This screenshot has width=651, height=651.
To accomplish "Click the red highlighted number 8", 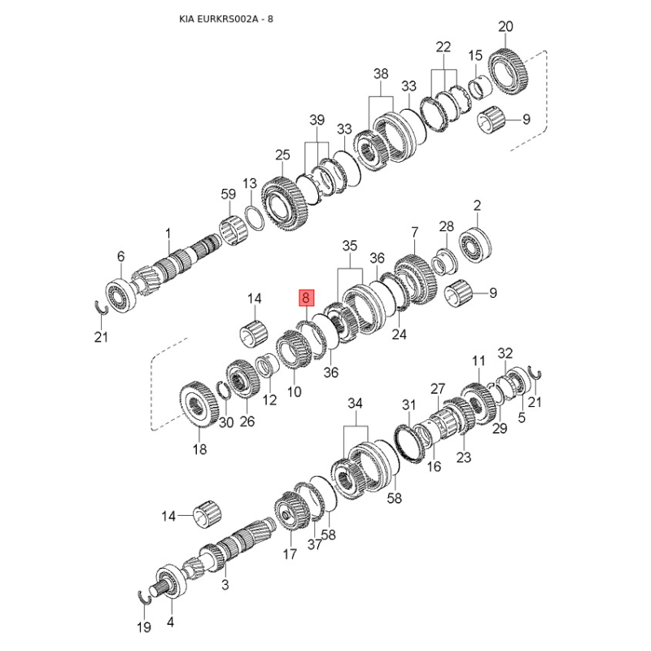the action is [x=305, y=299].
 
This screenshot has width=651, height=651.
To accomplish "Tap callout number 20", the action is [x=505, y=27].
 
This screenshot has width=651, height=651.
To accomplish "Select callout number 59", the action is [x=228, y=194].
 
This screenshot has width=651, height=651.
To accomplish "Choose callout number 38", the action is [x=382, y=74].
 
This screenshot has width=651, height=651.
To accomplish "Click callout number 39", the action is [x=317, y=120].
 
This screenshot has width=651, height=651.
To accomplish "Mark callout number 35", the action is [x=349, y=245].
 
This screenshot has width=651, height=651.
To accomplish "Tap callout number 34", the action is [x=355, y=404].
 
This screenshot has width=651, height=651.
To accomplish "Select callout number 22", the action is [x=443, y=46].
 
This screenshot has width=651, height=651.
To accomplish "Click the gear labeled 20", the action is [x=511, y=72].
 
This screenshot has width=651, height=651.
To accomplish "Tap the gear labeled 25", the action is [x=284, y=203].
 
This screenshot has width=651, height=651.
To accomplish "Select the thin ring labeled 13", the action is [x=253, y=218].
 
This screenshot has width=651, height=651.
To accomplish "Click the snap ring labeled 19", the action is [x=147, y=595].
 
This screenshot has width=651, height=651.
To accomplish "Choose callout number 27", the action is [x=439, y=389].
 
